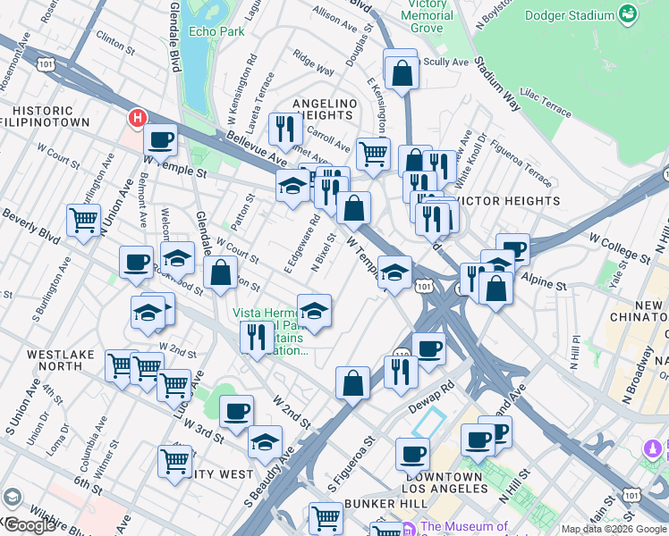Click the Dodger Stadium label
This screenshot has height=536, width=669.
pyautogui.click(x=569, y=15)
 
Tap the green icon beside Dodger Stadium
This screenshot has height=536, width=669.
pyautogui.click(x=629, y=15)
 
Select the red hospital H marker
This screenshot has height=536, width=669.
pyautogui.click(x=138, y=117)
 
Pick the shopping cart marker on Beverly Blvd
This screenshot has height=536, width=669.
pyautogui.click(x=83, y=219)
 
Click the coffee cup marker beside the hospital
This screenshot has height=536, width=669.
pyautogui.click(x=161, y=138)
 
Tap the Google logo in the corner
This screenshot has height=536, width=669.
pyautogui.click(x=30, y=525)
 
